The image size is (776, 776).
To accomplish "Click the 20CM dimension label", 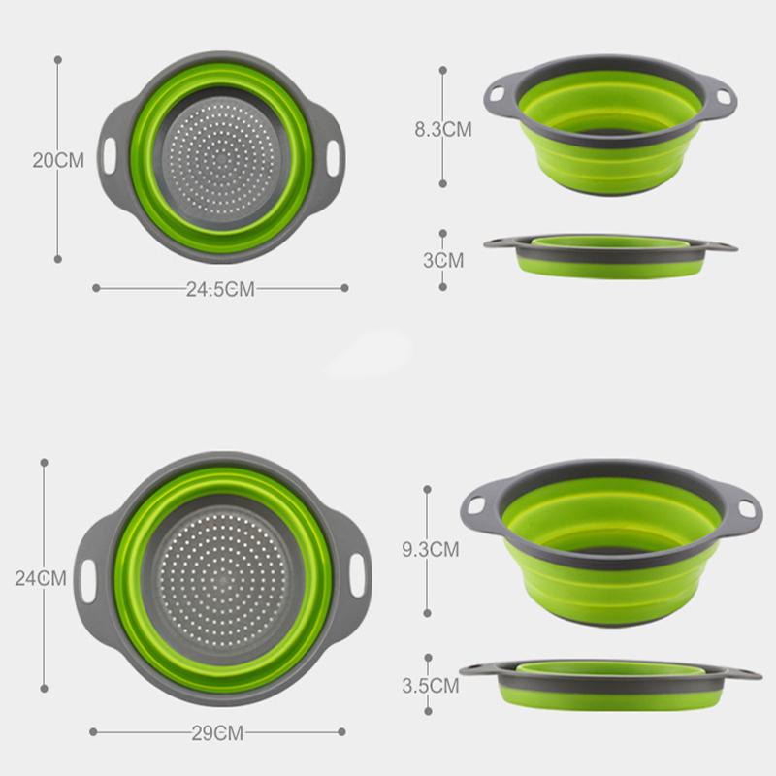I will point(58,160).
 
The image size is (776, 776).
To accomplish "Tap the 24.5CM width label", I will point(220,289).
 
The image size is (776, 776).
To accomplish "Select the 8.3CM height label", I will point(443,128).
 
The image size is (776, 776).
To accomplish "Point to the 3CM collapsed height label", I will point(443,260).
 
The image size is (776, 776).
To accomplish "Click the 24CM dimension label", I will point(41,578).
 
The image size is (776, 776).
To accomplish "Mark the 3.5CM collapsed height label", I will point(430,686).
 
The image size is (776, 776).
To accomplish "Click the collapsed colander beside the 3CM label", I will point(609,255).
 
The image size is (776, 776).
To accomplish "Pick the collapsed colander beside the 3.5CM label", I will point(609,682).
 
